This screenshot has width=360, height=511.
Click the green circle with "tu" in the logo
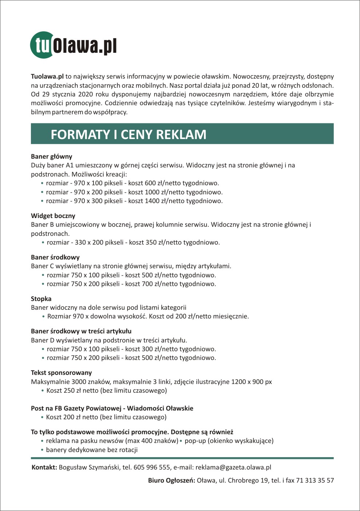[x=41, y=45]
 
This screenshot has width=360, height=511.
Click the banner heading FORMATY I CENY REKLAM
[x=128, y=134]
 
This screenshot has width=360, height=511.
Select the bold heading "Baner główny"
[x=52, y=157]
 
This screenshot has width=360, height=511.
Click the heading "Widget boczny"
[x=53, y=216]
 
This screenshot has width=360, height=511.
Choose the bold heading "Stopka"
[x=41, y=299]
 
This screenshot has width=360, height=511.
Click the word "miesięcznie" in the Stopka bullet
[x=231, y=316]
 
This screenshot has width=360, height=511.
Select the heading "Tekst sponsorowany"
[x=61, y=373]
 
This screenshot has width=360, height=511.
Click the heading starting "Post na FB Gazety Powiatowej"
[x=112, y=408]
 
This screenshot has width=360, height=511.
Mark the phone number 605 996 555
[x=152, y=467]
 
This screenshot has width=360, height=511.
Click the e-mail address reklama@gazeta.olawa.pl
[x=233, y=467]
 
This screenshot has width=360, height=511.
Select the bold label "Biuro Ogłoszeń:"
[x=171, y=480]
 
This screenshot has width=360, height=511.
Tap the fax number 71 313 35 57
[x=315, y=480]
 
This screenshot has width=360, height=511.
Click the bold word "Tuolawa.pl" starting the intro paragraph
[x=47, y=76]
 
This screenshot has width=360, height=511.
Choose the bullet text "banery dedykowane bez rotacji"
[x=92, y=450]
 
